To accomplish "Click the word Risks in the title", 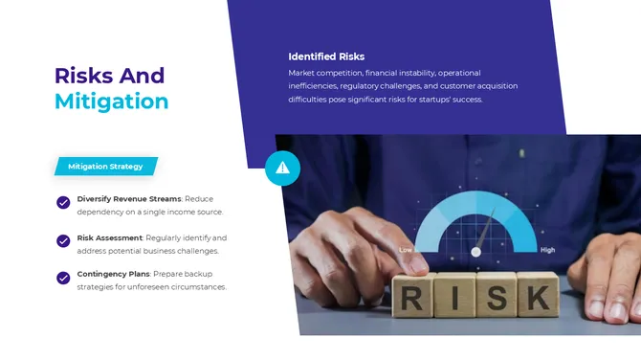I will tap(82, 76).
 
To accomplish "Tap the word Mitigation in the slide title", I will tap(112, 101).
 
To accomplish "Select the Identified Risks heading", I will tap(326, 56).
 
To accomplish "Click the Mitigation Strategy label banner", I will tap(105, 167).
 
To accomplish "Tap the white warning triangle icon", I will tap(282, 168).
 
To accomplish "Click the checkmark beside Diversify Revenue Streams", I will tap(63, 202).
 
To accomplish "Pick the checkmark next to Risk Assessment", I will tap(63, 239).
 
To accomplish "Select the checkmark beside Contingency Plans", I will tap(63, 278).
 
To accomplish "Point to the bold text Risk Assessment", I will tap(109, 236).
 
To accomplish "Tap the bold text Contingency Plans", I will tap(113, 275).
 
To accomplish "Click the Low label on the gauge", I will tap(406, 250).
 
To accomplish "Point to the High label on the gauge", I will tap(547, 250).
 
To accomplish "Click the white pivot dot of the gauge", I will tap(475, 252).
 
